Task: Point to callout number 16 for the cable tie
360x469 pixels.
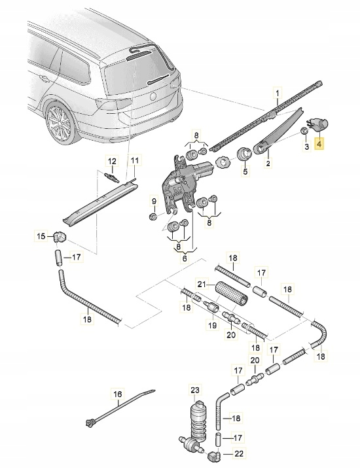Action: coord(118,394)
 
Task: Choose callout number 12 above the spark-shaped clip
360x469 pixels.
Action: coord(112,161)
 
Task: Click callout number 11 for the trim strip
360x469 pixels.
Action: coord(135,161)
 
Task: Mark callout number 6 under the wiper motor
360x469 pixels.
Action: coord(185,260)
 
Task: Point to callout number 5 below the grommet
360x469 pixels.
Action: coord(245,173)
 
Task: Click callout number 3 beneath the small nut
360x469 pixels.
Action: coord(305,148)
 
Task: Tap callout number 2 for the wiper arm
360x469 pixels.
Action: coord(268,166)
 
